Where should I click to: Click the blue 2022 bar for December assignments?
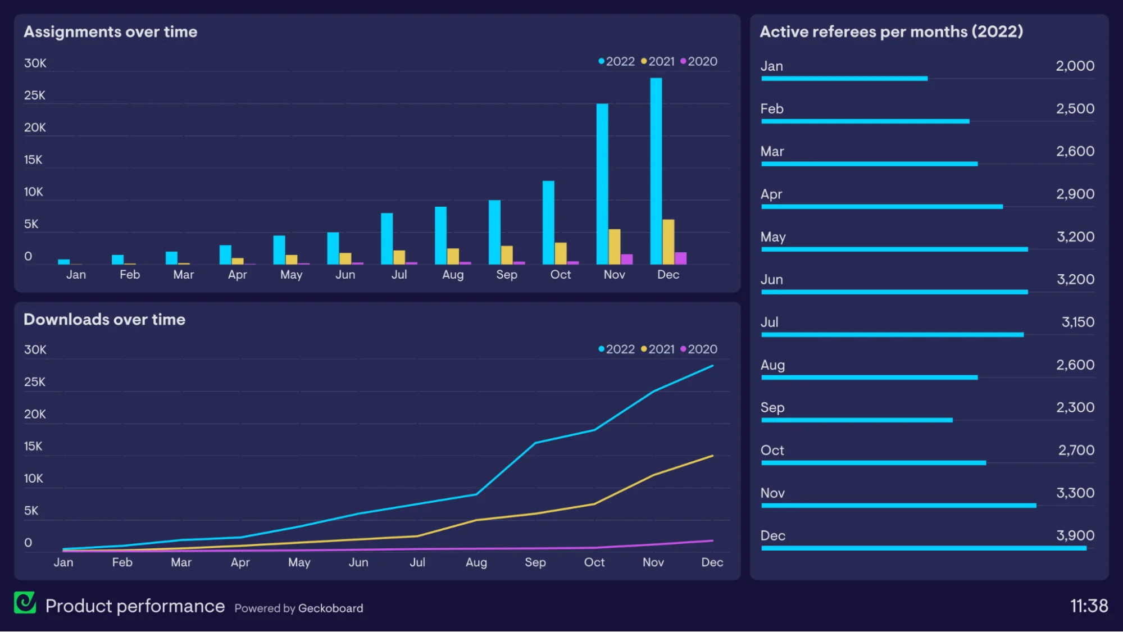coord(656,171)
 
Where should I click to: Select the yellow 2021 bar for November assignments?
coord(615,247)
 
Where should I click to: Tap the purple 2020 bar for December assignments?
coord(680,258)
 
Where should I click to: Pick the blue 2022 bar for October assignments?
coord(548,222)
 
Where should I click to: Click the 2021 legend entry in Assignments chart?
coord(658,61)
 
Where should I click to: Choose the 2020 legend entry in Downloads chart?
coord(699,349)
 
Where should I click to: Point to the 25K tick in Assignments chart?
coord(35,96)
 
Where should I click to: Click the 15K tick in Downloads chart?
coord(33,447)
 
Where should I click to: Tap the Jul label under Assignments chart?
coord(399,275)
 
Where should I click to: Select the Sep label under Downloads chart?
coord(535,562)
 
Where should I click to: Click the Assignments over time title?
coord(111,32)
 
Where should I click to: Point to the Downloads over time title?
coord(104,320)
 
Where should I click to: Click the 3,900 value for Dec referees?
coord(1075,535)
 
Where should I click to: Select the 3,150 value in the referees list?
coord(1077,322)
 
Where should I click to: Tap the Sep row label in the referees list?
coord(772,408)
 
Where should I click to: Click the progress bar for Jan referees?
coord(844,79)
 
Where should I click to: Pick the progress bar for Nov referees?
coord(898,506)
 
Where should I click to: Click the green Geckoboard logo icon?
coord(25,603)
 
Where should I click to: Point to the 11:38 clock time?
coord(1089,606)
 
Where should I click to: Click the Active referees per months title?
coord(891,32)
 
